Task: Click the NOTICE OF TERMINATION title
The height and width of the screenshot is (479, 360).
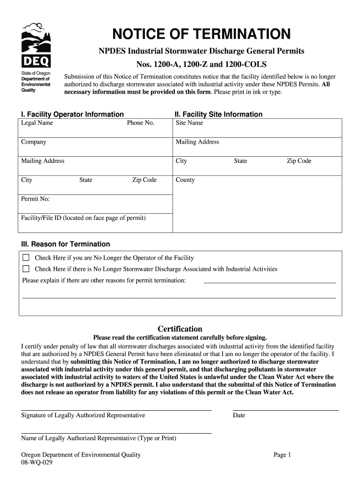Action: pyautogui.click(x=201, y=34)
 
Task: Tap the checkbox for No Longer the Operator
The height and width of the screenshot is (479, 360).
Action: pyautogui.click(x=26, y=258)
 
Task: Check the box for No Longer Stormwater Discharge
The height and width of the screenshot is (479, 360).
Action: pyautogui.click(x=26, y=269)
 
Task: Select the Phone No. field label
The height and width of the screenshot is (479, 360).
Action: pyautogui.click(x=140, y=123)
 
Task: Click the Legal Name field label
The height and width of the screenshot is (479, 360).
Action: pyautogui.click(x=37, y=123)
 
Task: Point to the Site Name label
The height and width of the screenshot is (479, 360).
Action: pyautogui.click(x=189, y=123)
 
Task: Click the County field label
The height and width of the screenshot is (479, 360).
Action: pyautogui.click(x=185, y=180)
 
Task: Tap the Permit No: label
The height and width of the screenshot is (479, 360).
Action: pyautogui.click(x=36, y=199)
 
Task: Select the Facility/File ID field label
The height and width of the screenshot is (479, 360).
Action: pyautogui.click(x=83, y=218)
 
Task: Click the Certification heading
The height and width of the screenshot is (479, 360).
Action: pyautogui.click(x=180, y=329)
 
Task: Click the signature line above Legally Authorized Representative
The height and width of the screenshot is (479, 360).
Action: pyautogui.click(x=116, y=410)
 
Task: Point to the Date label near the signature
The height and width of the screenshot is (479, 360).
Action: pyautogui.click(x=239, y=415)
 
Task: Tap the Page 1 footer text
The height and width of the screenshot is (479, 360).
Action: pyautogui.click(x=282, y=455)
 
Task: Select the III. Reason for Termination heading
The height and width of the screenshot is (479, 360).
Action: pyautogui.click(x=65, y=244)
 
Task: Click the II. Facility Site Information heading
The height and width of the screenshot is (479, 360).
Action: pyautogui.click(x=218, y=114)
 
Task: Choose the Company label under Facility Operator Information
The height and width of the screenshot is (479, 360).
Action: pyautogui.click(x=34, y=142)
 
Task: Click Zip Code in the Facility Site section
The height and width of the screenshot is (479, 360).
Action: pyautogui.click(x=299, y=161)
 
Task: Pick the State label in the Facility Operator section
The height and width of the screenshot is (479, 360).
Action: pyautogui.click(x=86, y=180)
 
